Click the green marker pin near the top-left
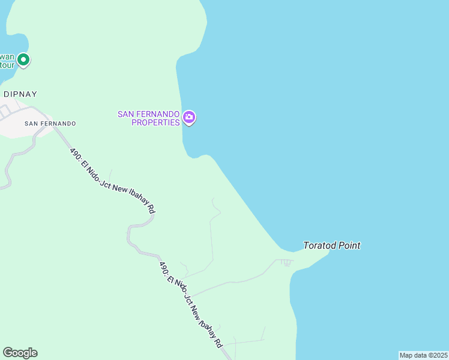[23, 59]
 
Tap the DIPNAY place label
[20, 94]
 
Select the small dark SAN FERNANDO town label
[50, 123]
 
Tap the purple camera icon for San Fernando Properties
[189, 118]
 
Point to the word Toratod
[322, 245]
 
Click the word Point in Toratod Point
[351, 245]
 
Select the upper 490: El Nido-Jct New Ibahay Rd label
[112, 181]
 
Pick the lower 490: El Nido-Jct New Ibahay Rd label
[191, 304]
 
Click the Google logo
[20, 353]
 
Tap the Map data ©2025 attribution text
[423, 355]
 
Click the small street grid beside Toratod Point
[285, 262]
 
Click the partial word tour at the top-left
[6, 65]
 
